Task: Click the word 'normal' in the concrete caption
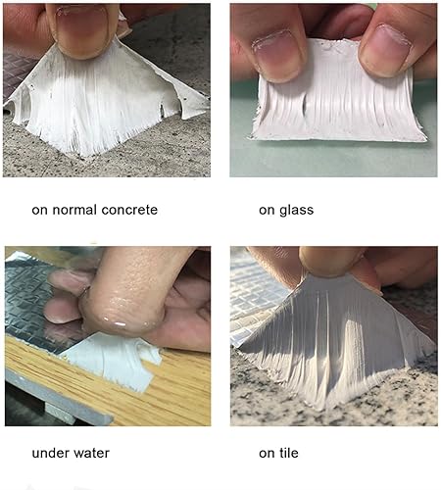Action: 74,210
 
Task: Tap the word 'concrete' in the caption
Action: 129,210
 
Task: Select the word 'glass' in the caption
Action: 296,211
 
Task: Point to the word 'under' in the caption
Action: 50,453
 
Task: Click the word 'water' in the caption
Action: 91,454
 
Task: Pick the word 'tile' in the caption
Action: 288,453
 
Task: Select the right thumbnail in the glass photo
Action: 385,49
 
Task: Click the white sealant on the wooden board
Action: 111,360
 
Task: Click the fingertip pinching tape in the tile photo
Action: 330,262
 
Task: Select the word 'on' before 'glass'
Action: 268,211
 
